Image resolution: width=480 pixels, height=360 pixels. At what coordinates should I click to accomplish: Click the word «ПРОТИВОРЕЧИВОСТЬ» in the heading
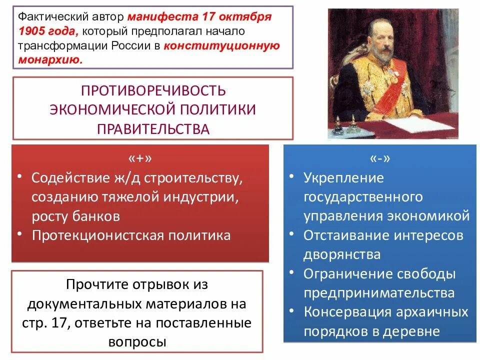tap(153, 91)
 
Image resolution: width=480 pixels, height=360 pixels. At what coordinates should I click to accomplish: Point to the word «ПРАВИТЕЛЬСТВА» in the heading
tap(153, 128)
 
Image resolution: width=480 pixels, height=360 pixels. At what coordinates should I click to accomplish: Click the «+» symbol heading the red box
tap(139, 158)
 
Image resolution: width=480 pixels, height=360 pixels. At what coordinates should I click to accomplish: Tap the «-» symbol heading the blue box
tap(379, 158)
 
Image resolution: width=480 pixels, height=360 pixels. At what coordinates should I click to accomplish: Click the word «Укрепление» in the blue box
tap(343, 177)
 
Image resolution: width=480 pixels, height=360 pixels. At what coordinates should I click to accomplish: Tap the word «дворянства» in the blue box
tap(341, 254)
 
